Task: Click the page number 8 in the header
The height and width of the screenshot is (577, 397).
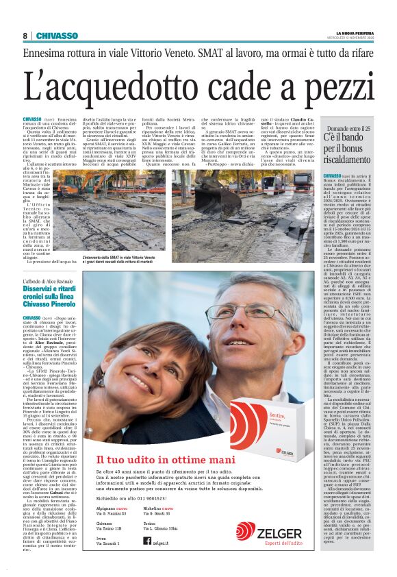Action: (x=25, y=36)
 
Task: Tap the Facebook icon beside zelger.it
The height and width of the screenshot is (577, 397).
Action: (x=146, y=541)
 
